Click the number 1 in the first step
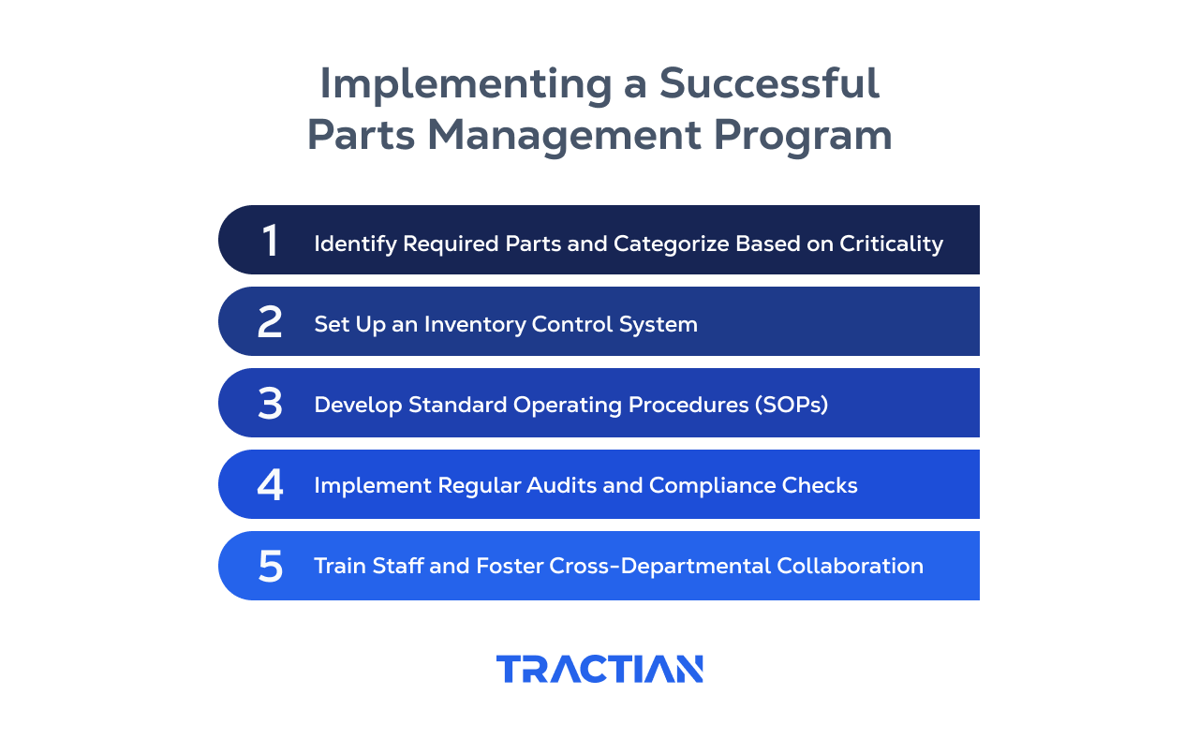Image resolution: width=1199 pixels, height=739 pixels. tap(270, 241)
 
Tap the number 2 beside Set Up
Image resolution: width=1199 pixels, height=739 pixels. tap(270, 322)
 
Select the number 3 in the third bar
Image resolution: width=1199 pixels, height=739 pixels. tap(270, 404)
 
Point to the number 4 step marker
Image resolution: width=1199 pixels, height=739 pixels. tap(270, 485)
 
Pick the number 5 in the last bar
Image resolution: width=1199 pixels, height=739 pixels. tap(270, 567)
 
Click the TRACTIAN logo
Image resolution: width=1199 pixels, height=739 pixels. tap(599, 669)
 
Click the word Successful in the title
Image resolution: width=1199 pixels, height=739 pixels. tap(769, 84)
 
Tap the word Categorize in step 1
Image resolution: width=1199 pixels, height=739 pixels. tap(670, 244)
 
